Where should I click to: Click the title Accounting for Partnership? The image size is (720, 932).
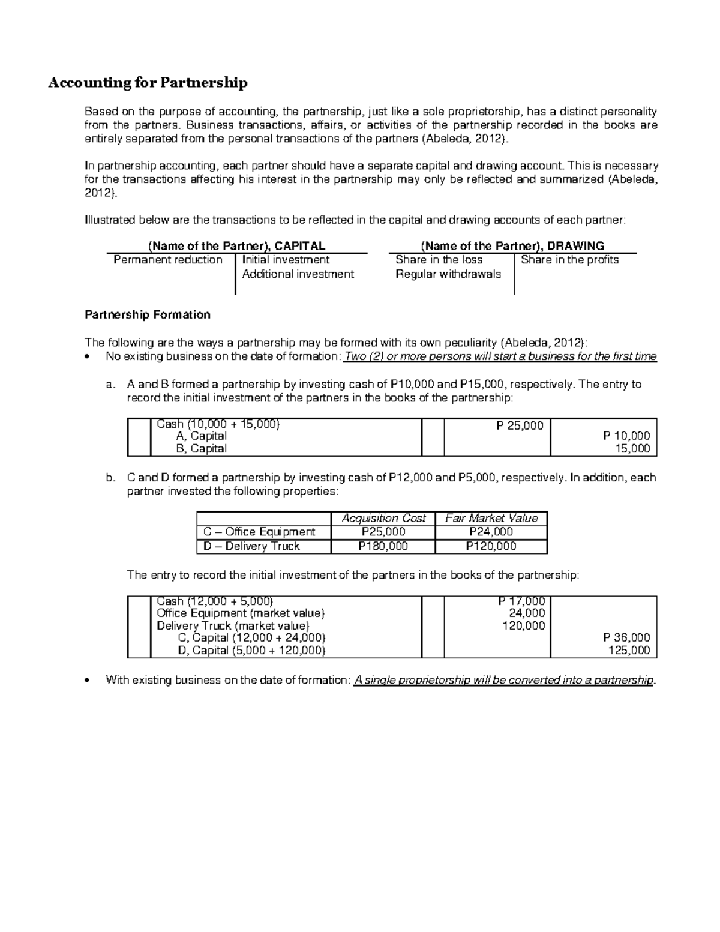click(148, 83)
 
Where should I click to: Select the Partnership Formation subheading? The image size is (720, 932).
click(148, 314)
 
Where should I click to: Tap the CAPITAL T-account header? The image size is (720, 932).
click(236, 245)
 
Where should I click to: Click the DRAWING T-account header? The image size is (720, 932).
click(512, 245)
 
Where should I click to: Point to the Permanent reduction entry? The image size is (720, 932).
click(168, 260)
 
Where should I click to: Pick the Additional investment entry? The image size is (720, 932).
click(298, 274)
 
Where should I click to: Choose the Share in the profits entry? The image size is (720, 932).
click(569, 260)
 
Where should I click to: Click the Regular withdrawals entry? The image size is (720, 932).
click(448, 274)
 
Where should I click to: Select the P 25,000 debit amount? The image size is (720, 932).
click(520, 425)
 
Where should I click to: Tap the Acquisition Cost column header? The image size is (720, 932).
click(383, 518)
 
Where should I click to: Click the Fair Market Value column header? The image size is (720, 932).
click(491, 518)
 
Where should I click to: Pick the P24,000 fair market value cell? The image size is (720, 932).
click(491, 532)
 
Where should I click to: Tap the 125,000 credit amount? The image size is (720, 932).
click(629, 651)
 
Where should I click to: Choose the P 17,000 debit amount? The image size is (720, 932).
click(521, 601)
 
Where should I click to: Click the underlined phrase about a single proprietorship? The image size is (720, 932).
click(504, 680)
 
